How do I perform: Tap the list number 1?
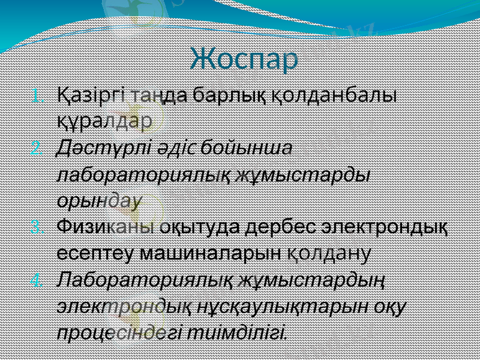(x=37, y=96)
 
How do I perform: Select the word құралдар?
(x=104, y=122)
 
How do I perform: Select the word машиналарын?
(x=210, y=253)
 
